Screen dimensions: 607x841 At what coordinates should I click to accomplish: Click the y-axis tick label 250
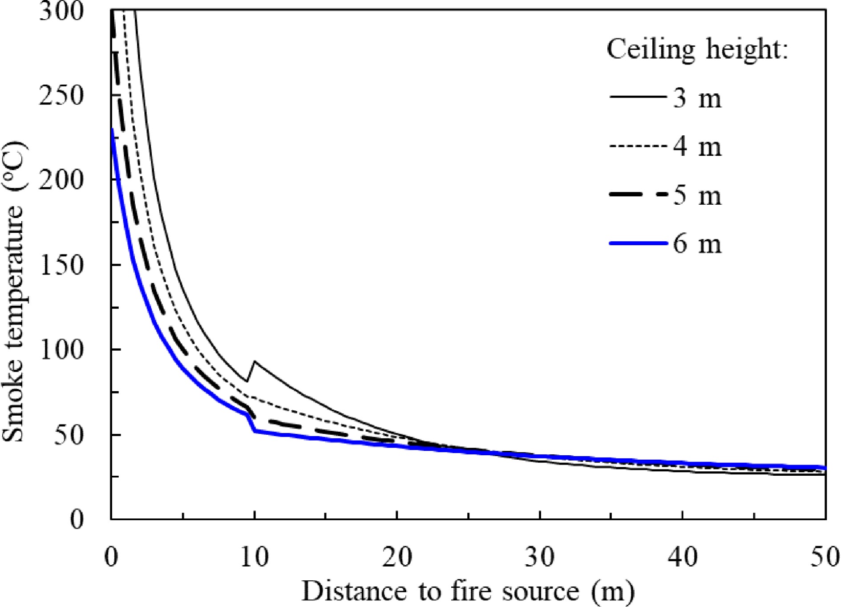coord(61,95)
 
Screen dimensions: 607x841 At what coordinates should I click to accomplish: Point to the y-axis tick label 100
coord(61,350)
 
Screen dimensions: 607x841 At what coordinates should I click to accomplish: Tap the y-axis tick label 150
coord(61,266)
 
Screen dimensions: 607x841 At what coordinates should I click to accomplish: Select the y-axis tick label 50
coord(69,435)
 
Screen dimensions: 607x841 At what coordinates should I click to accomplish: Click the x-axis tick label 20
coord(397,557)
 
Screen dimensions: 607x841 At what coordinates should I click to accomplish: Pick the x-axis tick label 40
coord(683,557)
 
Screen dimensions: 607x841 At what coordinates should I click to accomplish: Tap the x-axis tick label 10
coord(255,557)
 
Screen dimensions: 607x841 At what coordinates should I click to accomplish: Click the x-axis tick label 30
coord(540,557)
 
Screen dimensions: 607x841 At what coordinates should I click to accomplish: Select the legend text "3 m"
coord(697,98)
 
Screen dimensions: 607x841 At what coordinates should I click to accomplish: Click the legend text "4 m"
coord(697,147)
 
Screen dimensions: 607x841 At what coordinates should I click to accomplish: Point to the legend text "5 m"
coord(697,195)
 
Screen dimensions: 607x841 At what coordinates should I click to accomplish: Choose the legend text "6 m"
coord(697,244)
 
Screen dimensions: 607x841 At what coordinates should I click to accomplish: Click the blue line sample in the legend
coord(638,243)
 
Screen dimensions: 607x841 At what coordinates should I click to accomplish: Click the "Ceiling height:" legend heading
coord(697,49)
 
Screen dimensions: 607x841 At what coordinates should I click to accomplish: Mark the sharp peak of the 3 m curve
coord(255,362)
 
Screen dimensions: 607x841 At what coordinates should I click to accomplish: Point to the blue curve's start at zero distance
coord(113,130)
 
